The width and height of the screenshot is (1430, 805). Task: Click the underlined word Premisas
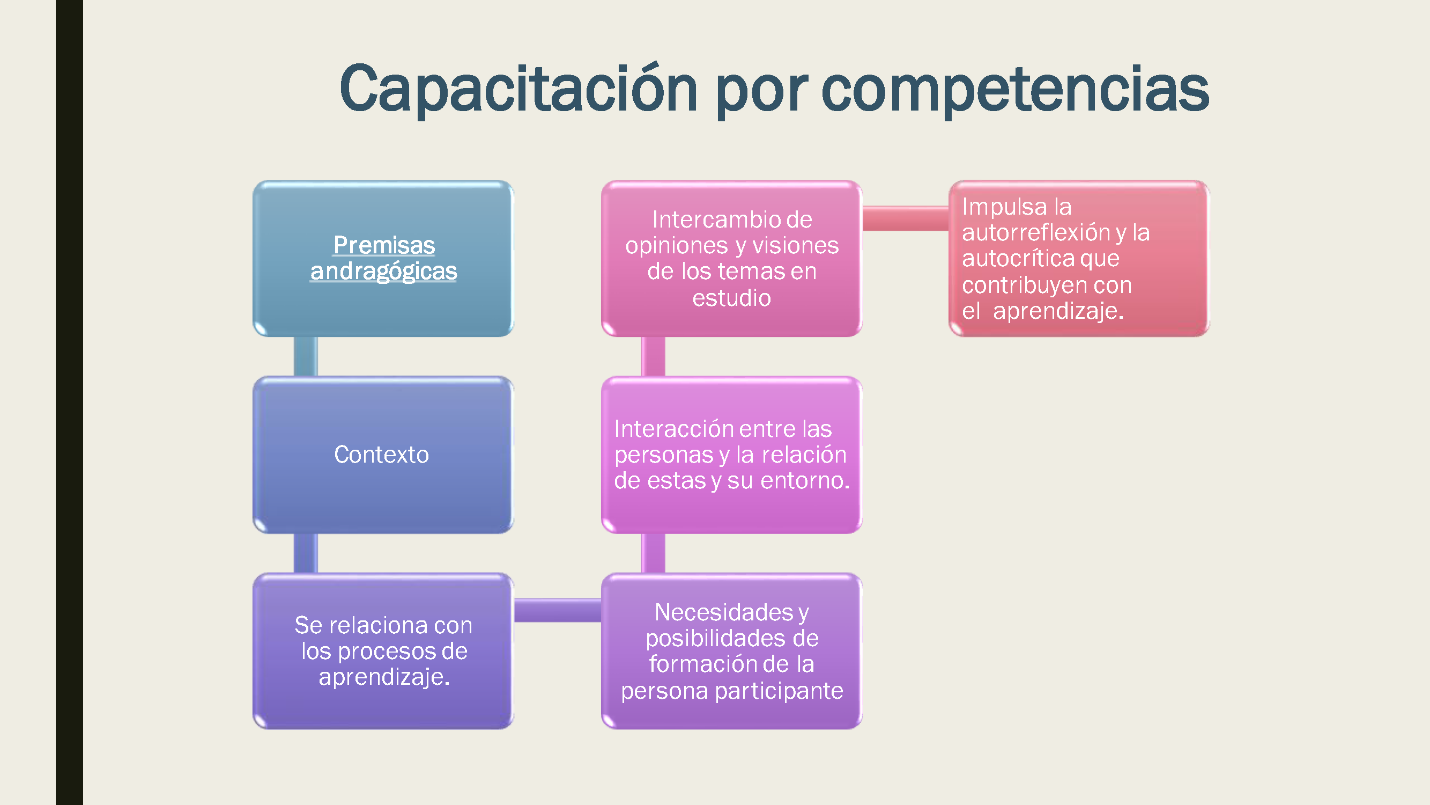tap(383, 245)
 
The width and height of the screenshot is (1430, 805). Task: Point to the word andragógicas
tap(383, 271)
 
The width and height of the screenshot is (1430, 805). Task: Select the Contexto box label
tap(381, 455)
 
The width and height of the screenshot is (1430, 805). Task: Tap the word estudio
tap(731, 298)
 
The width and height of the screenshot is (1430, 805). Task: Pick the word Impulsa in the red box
tap(1004, 207)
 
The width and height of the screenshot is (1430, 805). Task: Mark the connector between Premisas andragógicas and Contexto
tap(305, 357)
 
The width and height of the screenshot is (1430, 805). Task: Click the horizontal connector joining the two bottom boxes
tap(557, 610)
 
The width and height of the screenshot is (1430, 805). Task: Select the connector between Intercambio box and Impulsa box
tap(905, 218)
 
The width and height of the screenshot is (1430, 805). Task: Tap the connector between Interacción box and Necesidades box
tap(654, 553)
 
